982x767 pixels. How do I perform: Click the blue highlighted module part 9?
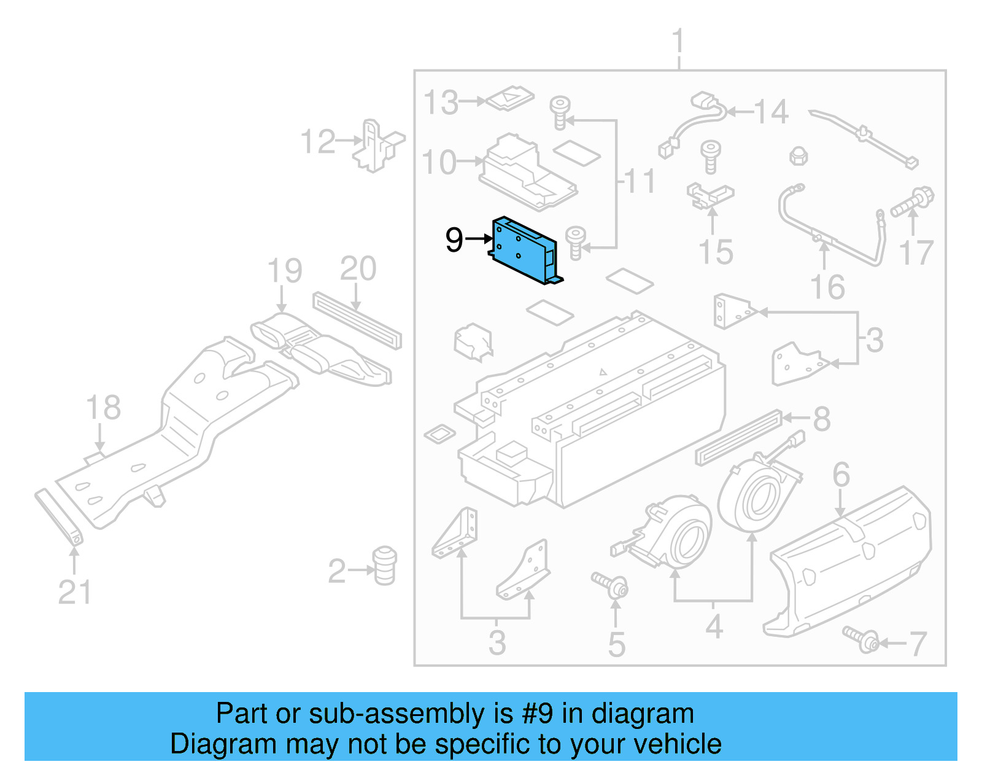525,251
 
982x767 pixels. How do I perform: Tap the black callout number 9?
454,239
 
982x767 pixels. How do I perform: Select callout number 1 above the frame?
678,42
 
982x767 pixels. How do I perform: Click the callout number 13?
441,103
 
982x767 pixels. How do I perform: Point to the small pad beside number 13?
509,98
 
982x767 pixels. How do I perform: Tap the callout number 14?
771,112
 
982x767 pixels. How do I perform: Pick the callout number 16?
827,287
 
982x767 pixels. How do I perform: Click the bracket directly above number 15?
709,195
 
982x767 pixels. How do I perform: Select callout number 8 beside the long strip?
822,419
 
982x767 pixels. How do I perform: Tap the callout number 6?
841,475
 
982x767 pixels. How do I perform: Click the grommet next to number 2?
384,565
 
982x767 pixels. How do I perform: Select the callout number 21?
74,593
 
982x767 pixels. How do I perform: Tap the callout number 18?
103,408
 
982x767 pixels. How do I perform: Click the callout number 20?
358,269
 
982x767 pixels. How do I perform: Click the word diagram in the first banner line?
643,714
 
